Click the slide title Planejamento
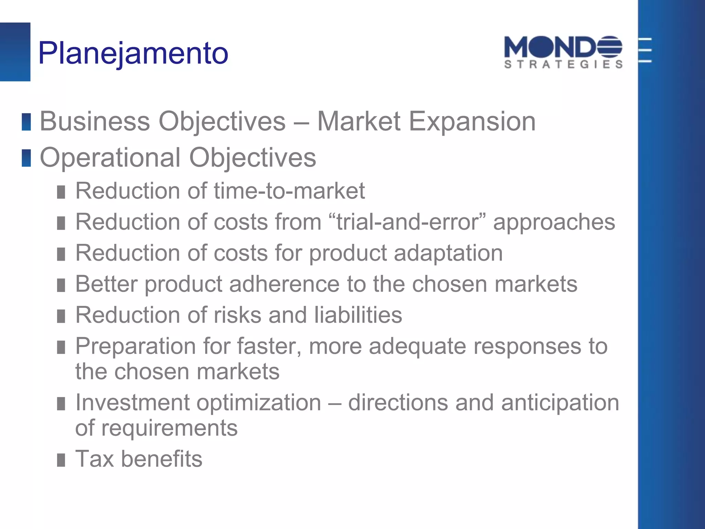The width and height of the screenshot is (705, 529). point(133,53)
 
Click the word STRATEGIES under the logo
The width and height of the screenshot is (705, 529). point(563,64)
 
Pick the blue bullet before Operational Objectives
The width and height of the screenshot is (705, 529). point(27,158)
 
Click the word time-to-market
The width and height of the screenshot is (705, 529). point(289,191)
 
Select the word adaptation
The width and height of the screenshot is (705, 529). point(448,253)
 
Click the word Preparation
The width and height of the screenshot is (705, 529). point(135,346)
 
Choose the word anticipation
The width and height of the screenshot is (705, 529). point(560,403)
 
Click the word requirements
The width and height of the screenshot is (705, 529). point(169,428)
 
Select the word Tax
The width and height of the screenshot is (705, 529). point(94,459)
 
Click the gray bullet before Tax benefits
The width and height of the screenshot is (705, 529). point(61,460)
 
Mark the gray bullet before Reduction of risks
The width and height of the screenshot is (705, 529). point(61,316)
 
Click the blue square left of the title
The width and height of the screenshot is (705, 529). point(15,52)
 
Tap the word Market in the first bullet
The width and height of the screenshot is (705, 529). point(358,122)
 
